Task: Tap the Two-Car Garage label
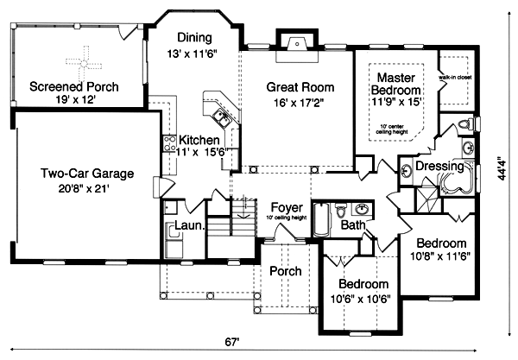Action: (73, 173)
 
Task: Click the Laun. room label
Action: (187, 226)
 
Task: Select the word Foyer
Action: (285, 207)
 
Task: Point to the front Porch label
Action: (285, 271)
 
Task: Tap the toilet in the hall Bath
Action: (342, 209)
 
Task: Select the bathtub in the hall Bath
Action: (320, 219)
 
